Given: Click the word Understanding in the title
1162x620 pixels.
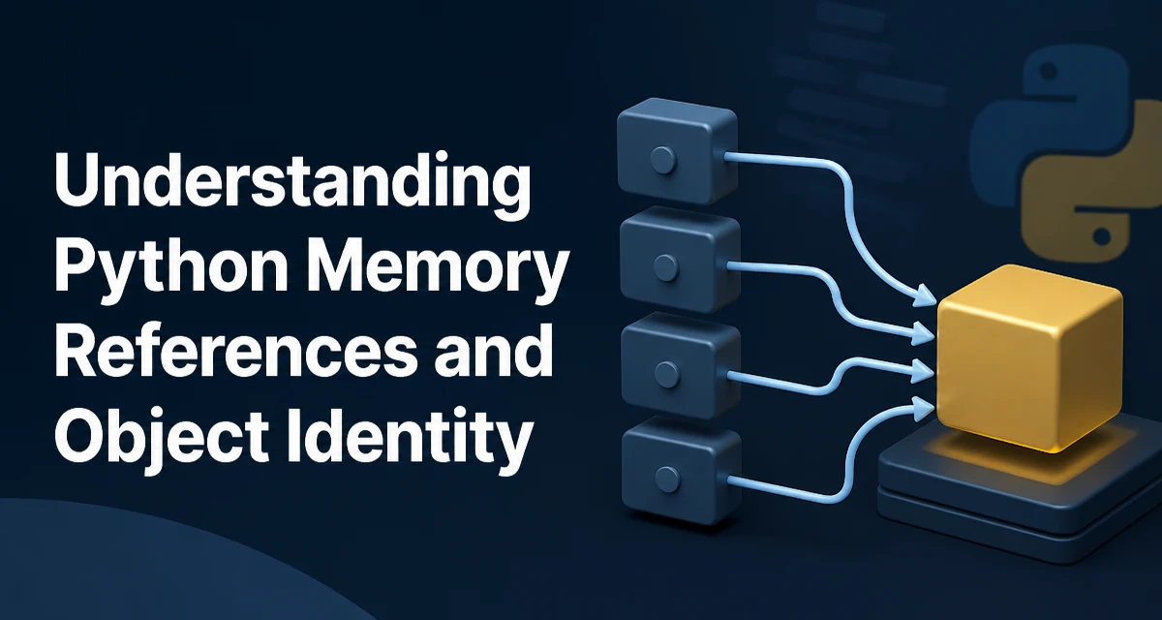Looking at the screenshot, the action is coord(292,186).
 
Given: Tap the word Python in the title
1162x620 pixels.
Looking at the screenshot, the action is coord(170,269).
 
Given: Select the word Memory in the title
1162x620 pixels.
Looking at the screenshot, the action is coord(436,269).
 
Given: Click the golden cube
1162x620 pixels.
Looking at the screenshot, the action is coord(1029,358).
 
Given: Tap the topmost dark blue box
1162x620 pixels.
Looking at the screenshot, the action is coord(677,150).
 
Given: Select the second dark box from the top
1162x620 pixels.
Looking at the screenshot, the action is coord(680,260).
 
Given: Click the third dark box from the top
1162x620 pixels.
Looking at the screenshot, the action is coord(680,366).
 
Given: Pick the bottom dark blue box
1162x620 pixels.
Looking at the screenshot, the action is coord(681,472).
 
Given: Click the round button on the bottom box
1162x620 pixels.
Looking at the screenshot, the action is coord(667,480).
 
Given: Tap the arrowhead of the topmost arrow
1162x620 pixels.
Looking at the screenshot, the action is coord(925,296).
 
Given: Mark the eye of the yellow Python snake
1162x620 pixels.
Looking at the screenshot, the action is coord(1102,236).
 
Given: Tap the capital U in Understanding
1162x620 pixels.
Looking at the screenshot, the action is coord(77,179).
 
